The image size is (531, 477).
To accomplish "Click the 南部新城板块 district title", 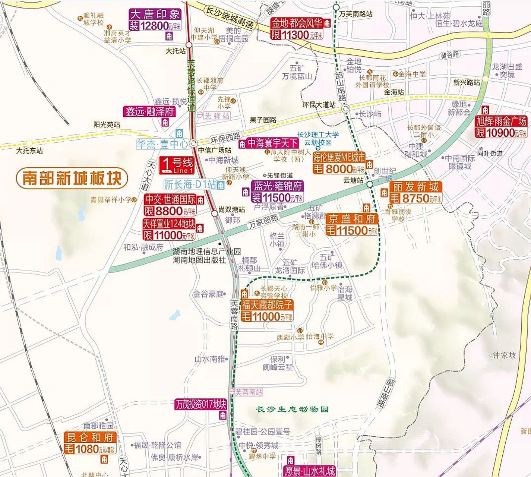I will pos(72,178).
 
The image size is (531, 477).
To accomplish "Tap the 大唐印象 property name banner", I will pos(155,15).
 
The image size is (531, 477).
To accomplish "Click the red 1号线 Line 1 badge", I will pos(177,165).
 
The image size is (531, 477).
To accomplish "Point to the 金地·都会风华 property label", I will pos(297,23).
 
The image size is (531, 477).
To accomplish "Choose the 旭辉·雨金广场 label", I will pos(502,121).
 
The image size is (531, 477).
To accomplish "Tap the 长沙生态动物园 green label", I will pos(293,409).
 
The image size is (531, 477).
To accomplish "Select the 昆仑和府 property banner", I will pos(90,437).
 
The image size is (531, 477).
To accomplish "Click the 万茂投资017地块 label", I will pos(201,404).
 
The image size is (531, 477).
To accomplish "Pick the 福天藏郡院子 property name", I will pos(267,305).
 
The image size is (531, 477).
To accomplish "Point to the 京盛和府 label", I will pos(352,219).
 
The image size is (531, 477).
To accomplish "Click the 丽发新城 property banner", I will pos(416,187).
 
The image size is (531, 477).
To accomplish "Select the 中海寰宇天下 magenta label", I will pos(273,143).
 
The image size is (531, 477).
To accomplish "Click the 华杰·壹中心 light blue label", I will pos(162,144).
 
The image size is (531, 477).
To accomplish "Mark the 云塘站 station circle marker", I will pos(370,184).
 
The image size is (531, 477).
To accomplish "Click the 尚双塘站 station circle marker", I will pos(215,214).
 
